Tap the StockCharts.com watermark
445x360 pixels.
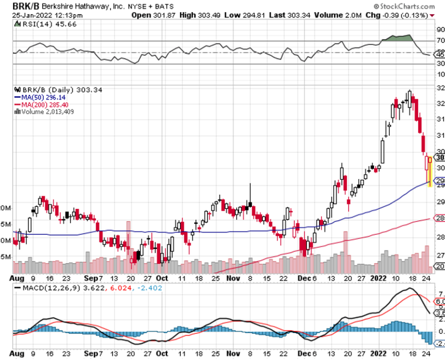pyautogui.click(x=411, y=7)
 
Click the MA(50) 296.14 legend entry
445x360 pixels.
pyautogui.click(x=42, y=97)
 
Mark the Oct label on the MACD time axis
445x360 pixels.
pyautogui.click(x=162, y=354)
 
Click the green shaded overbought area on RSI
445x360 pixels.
pyautogui.click(x=398, y=38)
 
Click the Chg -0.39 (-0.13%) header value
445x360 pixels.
pyautogui.click(x=402, y=15)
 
